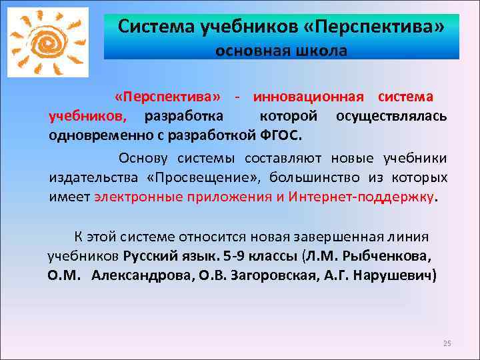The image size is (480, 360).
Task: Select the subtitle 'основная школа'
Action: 281,51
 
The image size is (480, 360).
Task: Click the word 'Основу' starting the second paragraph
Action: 145,158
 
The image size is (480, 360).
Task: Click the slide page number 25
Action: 447,343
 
